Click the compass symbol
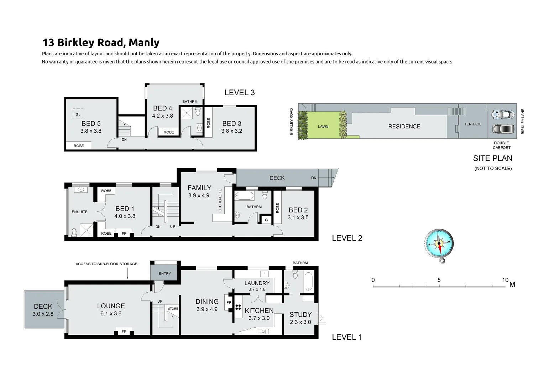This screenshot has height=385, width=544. [439, 244]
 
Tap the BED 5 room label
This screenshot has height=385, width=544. [91, 123]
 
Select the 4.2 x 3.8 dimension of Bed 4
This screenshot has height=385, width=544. [162, 115]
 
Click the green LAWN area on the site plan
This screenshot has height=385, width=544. [323, 126]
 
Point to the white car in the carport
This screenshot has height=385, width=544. [502, 115]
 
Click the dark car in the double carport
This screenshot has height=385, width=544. [502, 128]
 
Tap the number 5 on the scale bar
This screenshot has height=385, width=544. [439, 280]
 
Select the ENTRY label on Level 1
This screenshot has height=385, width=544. [165, 273]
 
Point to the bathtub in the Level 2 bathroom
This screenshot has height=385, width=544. [244, 196]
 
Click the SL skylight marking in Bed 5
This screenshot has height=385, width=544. [78, 114]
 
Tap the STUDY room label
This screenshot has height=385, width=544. [300, 314]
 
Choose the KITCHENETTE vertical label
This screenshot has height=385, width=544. [220, 201]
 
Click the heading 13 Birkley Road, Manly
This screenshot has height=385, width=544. [101, 42]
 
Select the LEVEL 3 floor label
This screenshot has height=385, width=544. [240, 93]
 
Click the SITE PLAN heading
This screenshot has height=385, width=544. [492, 158]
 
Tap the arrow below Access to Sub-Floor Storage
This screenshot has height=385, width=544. [127, 274]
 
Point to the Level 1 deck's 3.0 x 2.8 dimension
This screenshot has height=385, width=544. [43, 314]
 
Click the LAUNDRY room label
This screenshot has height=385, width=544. [257, 283]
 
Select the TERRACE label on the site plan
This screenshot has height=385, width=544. [472, 124]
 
